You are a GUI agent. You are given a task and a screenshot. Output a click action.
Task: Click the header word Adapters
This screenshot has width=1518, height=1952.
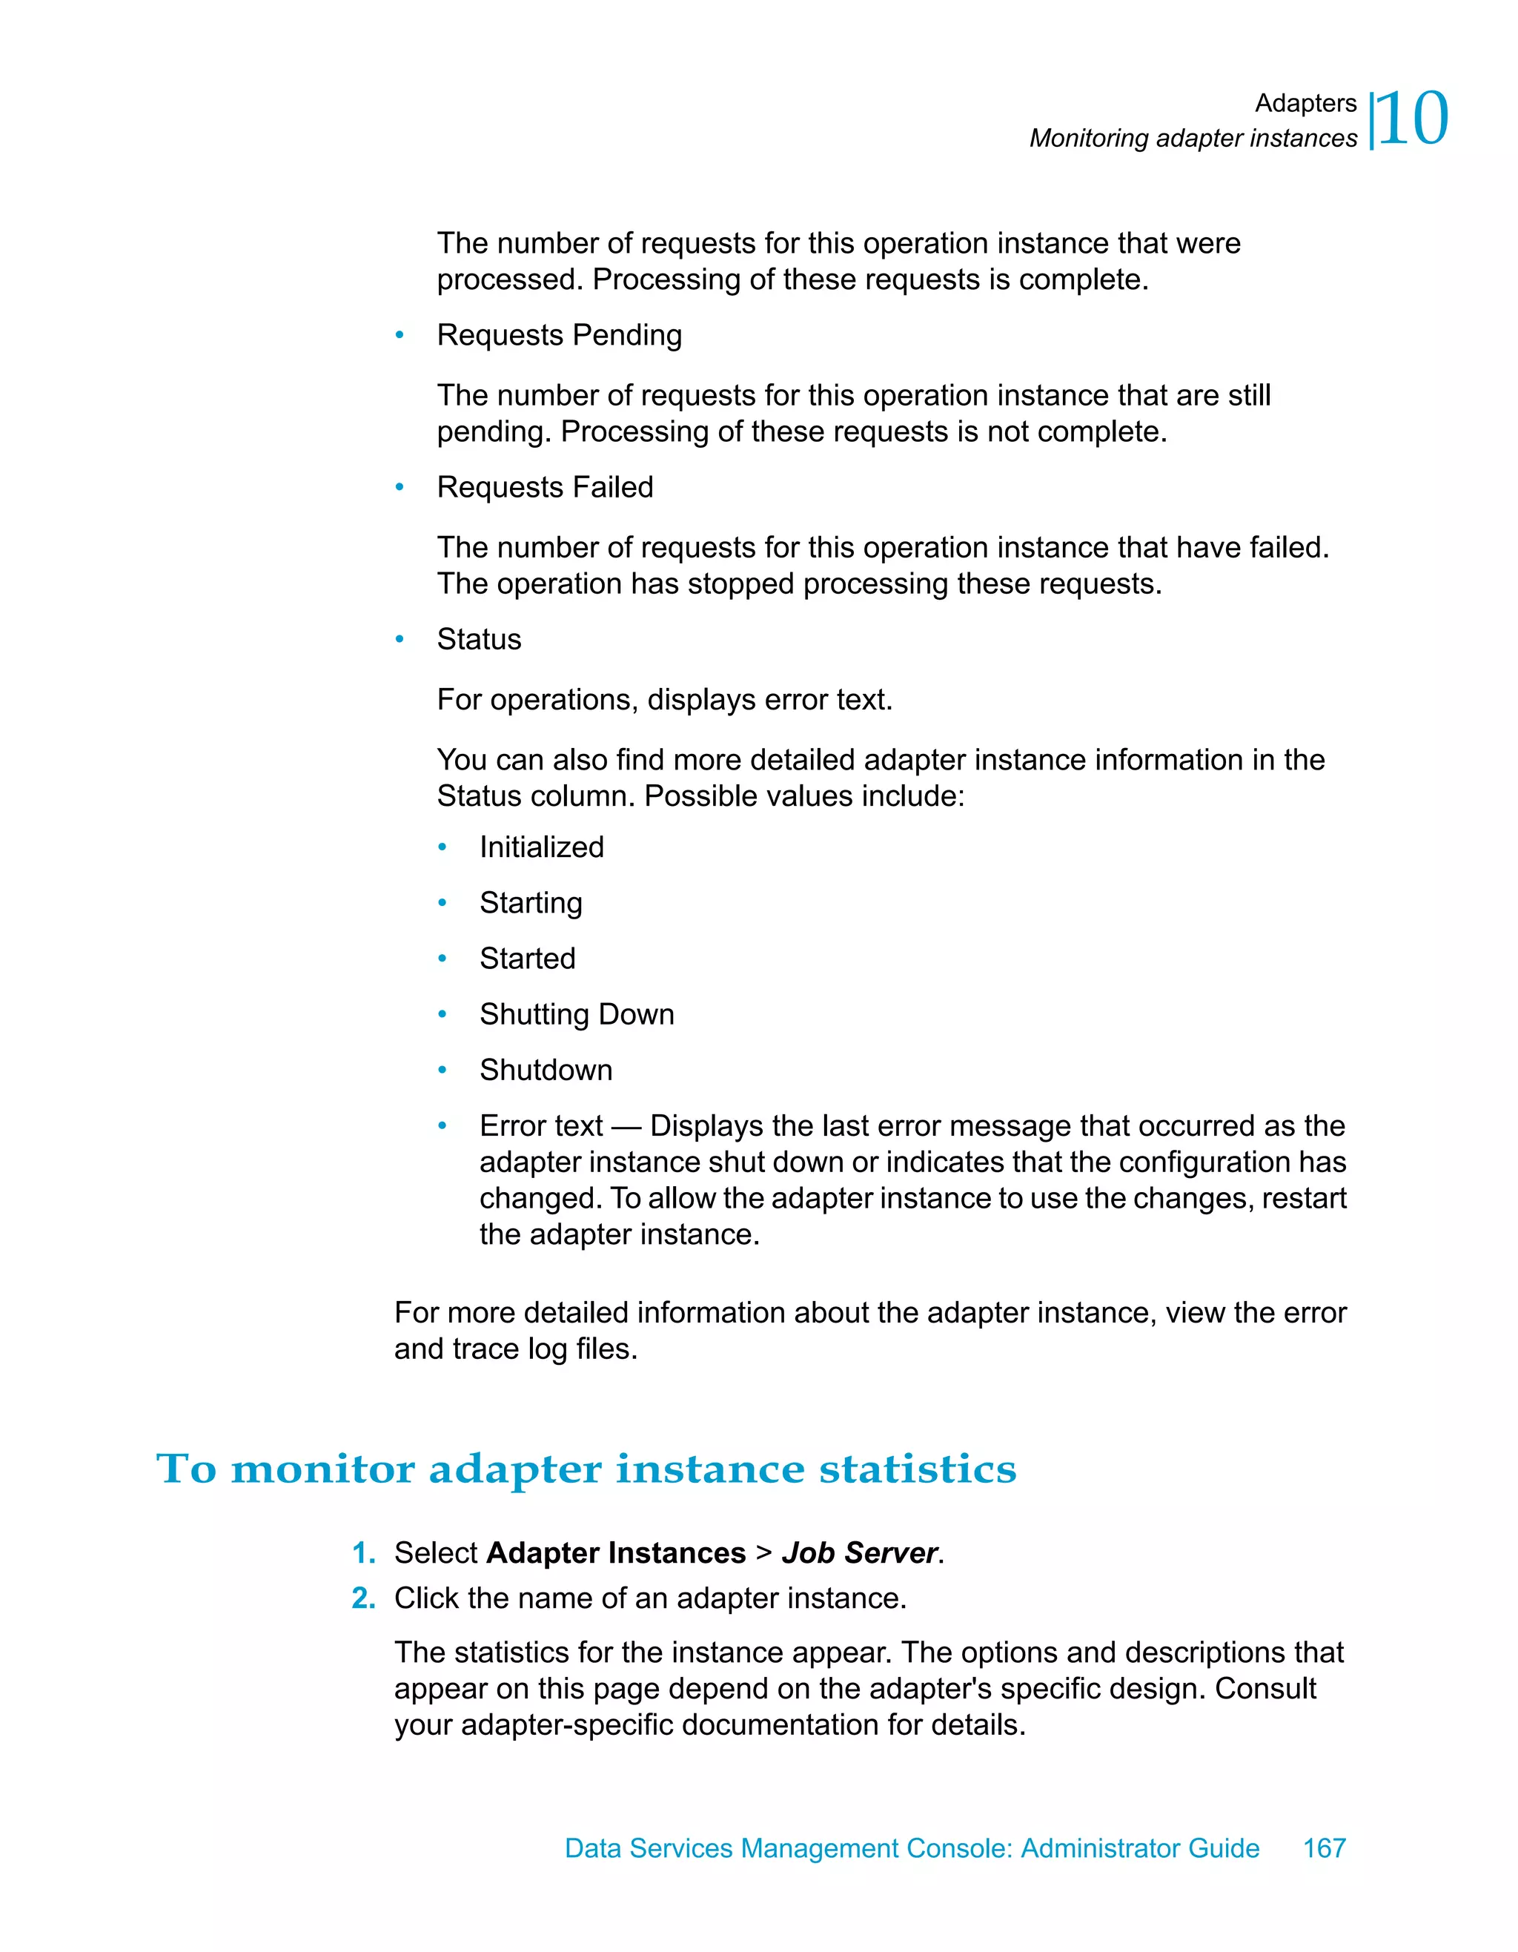pyautogui.click(x=1305, y=104)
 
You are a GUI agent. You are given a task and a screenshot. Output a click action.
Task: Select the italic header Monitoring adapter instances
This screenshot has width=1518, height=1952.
pyautogui.click(x=1193, y=139)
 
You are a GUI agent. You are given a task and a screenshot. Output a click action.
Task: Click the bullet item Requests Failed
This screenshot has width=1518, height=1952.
pyautogui.click(x=545, y=487)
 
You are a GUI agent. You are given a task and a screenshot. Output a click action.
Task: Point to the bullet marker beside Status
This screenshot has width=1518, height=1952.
pyautogui.click(x=400, y=639)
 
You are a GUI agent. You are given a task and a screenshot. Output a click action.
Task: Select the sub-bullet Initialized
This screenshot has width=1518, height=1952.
pyautogui.click(x=541, y=847)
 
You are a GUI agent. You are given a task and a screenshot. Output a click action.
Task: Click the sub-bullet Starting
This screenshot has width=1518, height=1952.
pyautogui.click(x=531, y=903)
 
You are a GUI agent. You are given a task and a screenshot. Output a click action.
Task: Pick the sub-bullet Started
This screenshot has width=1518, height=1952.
pyautogui.click(x=527, y=958)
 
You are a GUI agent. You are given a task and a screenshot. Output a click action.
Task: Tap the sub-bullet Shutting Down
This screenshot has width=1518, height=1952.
pyautogui.click(x=576, y=1014)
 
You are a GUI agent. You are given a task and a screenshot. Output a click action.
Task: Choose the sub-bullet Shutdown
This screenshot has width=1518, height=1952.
pyautogui.click(x=546, y=1070)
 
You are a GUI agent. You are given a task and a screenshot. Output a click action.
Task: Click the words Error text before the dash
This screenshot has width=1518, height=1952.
pyautogui.click(x=540, y=1126)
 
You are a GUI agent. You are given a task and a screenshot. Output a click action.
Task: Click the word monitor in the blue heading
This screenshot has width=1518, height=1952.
pyautogui.click(x=322, y=1469)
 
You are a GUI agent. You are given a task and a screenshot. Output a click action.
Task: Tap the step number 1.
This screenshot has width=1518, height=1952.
pyautogui.click(x=362, y=1553)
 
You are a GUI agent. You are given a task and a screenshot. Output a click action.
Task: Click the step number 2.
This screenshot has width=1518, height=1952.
pyautogui.click(x=362, y=1598)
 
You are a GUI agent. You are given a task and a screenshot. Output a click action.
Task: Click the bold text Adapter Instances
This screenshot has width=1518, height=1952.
pyautogui.click(x=616, y=1553)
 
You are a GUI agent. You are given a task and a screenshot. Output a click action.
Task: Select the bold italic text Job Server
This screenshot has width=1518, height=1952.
pyautogui.click(x=858, y=1553)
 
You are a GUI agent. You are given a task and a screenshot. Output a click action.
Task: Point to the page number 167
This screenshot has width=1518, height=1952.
pyautogui.click(x=1324, y=1848)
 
